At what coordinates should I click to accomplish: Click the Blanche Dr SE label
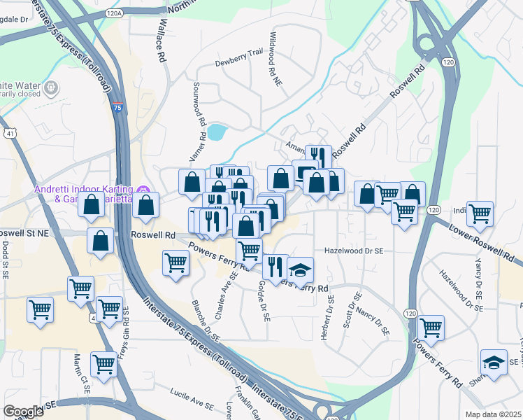[207, 321]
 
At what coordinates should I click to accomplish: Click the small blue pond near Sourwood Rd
[216, 132]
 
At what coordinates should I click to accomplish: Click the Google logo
[23, 412]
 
